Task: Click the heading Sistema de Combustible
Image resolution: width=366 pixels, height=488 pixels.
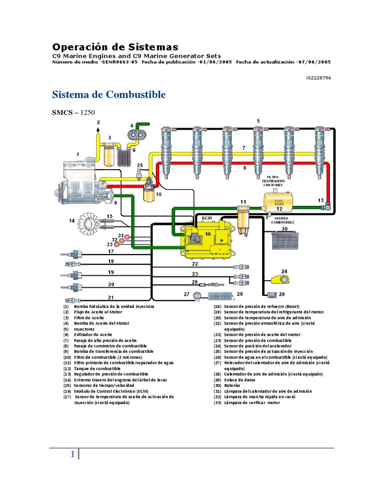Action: (x=109, y=94)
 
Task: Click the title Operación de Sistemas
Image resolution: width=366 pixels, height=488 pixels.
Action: (x=115, y=47)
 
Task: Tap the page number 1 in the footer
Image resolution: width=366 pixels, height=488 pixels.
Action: (x=72, y=455)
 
